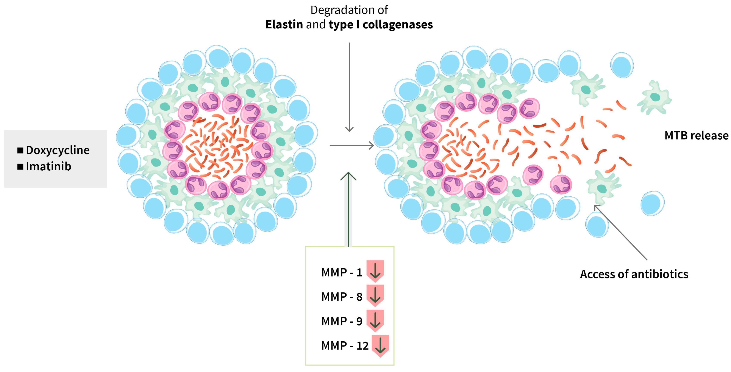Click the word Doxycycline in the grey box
pyautogui.click(x=58, y=150)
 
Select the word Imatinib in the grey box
pyautogui.click(x=48, y=166)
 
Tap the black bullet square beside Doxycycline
pyautogui.click(x=20, y=150)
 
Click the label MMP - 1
pyautogui.click(x=341, y=272)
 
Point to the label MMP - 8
pyautogui.click(x=341, y=297)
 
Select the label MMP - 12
pyautogui.click(x=345, y=346)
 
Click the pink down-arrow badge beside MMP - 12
pyautogui.click(x=380, y=346)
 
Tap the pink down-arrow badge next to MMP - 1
pyautogui.click(x=375, y=271)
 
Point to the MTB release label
pyautogui.click(x=696, y=135)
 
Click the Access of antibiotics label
pyautogui.click(x=634, y=274)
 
